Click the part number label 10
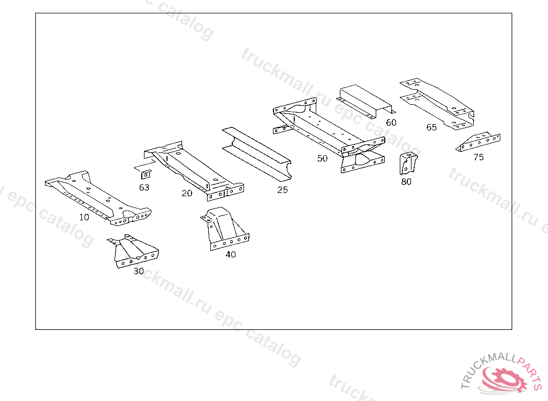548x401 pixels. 84,217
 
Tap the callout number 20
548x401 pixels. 187,193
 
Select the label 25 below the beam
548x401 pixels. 283,190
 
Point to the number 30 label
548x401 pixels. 139,271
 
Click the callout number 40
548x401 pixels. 230,255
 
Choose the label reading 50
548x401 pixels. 322,158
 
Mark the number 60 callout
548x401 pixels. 391,122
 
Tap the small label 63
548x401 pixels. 144,188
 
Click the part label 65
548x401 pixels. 431,127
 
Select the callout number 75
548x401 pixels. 478,157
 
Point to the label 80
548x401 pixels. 406,182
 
